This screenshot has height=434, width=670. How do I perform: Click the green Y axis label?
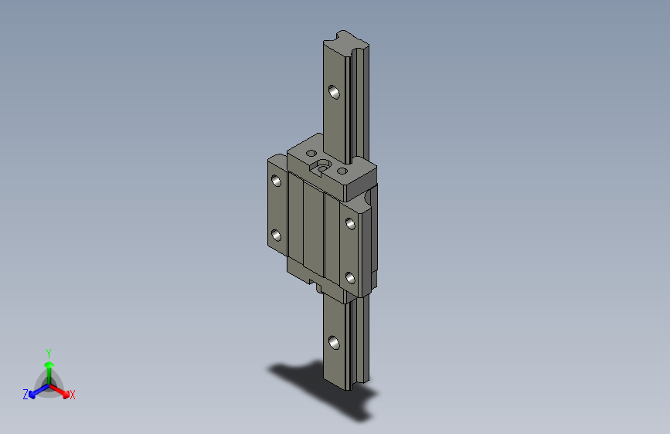tap(49, 354)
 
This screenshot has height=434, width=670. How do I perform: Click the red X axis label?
tap(72, 395)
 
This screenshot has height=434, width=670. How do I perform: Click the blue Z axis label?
tap(26, 395)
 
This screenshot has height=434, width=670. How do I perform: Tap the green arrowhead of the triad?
tap(49, 364)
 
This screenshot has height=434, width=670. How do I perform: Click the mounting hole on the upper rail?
tap(334, 92)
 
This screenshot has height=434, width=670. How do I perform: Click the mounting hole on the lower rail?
tap(334, 342)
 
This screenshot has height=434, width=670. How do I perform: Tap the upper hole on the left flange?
tap(277, 181)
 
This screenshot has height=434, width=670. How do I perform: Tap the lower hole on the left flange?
tap(277, 236)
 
